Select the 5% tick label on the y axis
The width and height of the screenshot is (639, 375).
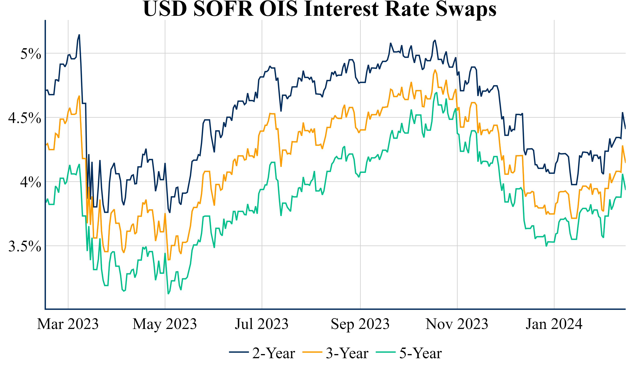[31, 54]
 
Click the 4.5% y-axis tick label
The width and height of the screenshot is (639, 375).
[25, 118]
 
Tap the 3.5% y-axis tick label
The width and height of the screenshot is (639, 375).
[25, 246]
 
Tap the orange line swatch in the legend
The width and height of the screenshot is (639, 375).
[312, 352]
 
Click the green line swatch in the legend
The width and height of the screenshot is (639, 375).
[386, 352]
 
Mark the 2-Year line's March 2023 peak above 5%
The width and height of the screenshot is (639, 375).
[79, 35]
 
